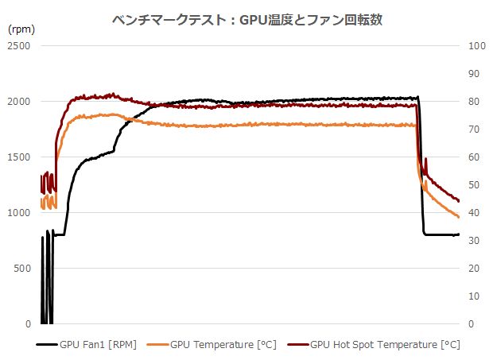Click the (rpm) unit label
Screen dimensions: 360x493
(x=21, y=29)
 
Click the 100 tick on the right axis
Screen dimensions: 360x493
(x=478, y=46)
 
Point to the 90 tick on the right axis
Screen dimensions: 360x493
(x=476, y=74)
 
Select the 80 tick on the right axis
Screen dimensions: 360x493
(x=476, y=102)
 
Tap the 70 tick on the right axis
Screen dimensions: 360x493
(x=476, y=130)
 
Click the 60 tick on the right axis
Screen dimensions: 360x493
(x=476, y=157)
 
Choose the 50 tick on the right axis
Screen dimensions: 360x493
(x=476, y=185)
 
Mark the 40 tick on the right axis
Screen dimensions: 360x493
(x=476, y=213)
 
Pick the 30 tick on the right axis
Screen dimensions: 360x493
(x=476, y=241)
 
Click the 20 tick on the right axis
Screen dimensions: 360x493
(x=476, y=269)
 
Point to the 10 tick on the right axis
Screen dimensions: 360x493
(x=476, y=296)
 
